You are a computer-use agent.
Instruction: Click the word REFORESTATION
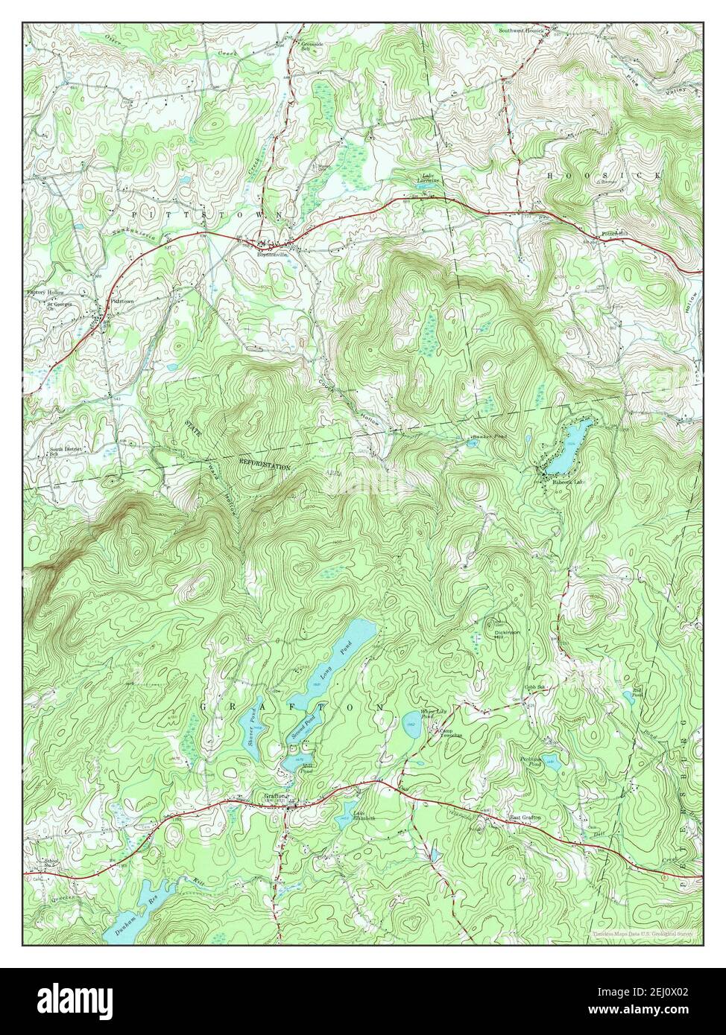pyautogui.click(x=265, y=465)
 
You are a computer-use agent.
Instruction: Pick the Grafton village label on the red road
pyautogui.click(x=274, y=796)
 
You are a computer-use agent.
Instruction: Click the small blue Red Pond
pyautogui.click(x=628, y=696)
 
